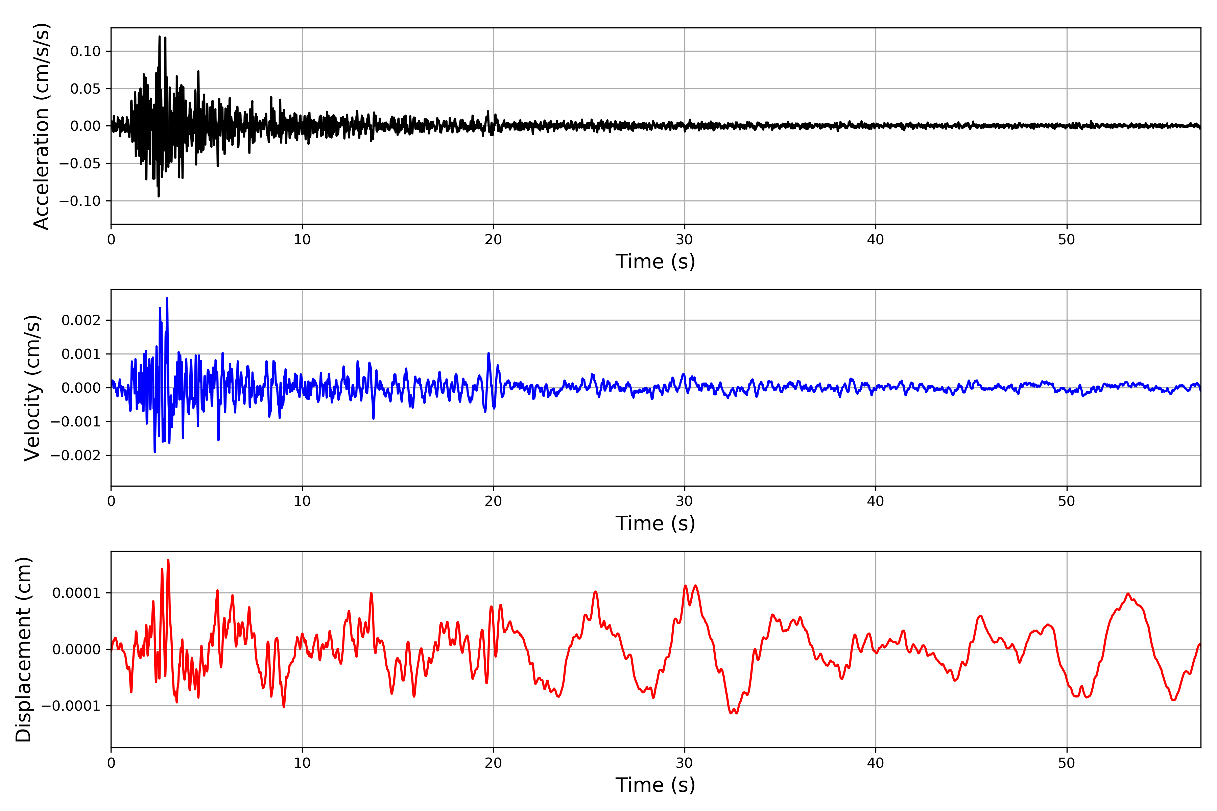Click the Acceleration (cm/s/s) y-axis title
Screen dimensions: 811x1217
41,126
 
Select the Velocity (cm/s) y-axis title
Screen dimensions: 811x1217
32,388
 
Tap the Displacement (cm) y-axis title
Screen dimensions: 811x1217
23,649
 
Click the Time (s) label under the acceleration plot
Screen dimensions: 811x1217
655,262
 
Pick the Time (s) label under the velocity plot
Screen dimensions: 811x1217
655,523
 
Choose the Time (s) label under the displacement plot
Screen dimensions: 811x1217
655,785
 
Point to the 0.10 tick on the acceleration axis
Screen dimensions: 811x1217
86,51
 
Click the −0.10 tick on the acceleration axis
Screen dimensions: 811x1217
80,201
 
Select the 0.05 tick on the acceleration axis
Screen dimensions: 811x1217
86,89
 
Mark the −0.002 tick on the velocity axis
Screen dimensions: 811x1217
75,456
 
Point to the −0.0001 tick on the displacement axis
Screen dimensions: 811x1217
71,706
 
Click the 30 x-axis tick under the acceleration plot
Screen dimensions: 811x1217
684,240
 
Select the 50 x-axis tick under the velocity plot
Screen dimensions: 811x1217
1067,501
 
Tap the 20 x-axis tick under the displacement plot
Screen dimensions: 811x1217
493,763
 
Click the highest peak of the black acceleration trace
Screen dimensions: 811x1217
159,37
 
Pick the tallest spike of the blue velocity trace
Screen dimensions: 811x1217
167,298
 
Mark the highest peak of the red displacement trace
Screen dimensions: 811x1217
168,560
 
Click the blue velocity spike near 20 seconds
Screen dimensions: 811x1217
488,354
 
